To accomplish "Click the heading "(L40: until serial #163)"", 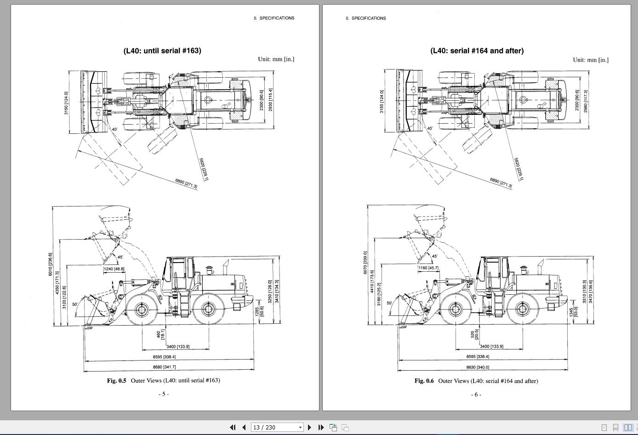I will coord(162,51).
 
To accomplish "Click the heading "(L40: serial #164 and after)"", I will coord(477,51).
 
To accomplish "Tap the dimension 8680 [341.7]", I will coord(164,367).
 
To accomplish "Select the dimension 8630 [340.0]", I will coord(478,367).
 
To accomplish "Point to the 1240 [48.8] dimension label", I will coord(114,269).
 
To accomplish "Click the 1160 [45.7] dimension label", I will coord(428,268).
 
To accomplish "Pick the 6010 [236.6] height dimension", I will coord(50,264).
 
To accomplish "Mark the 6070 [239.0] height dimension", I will coord(365,263).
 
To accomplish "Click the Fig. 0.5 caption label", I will coord(116,380).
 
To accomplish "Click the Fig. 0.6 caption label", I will coord(424,381).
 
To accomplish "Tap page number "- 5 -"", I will coord(164,394).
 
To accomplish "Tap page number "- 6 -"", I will coord(476,395).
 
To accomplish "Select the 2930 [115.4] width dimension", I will coord(270,100).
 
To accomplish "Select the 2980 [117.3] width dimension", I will coord(586,101).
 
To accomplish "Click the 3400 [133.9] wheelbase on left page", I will coord(178,346).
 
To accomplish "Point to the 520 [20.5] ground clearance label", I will coord(474,334).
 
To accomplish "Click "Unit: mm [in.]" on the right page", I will coord(590,60).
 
